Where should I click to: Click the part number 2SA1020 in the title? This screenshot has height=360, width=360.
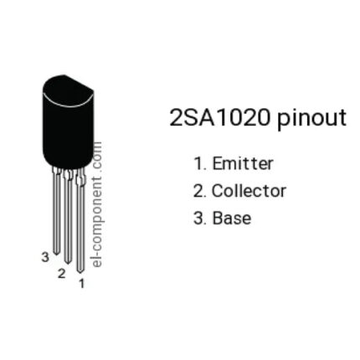tap(220, 117)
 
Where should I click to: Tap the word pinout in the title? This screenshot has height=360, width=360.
tap(311, 119)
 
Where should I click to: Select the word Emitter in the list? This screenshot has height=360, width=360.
tap(243, 163)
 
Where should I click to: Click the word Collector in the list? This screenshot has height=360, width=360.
tap(249, 191)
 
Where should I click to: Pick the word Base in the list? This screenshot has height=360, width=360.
tap(232, 218)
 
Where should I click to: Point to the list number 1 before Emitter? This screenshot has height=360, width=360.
tap(200, 163)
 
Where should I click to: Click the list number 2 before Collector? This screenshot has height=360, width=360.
tap(200, 191)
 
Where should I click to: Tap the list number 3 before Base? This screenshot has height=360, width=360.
tap(200, 219)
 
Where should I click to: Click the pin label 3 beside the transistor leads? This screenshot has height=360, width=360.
tap(45, 257)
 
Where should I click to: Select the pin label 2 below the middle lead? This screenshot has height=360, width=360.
tap(62, 274)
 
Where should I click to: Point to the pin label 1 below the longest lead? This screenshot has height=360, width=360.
tap(81, 284)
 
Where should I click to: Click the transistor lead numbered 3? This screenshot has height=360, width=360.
tap(57, 211)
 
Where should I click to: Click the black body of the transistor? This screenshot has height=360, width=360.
tap(68, 134)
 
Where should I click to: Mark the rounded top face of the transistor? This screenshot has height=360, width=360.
tap(69, 90)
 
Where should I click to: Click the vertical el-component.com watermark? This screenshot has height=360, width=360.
tap(98, 204)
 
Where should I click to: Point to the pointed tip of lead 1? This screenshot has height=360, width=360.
tap(80, 272)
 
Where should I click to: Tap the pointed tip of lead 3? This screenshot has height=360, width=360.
tap(57, 255)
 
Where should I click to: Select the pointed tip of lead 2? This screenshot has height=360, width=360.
tap(68, 263)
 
